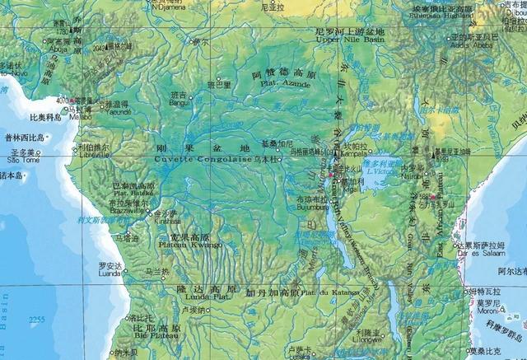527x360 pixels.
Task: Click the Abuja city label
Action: pyautogui.click(x=58, y=47)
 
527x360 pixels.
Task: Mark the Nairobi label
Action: pyautogui.click(x=425, y=177)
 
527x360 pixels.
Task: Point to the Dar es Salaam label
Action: pyautogui.click(x=481, y=253)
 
